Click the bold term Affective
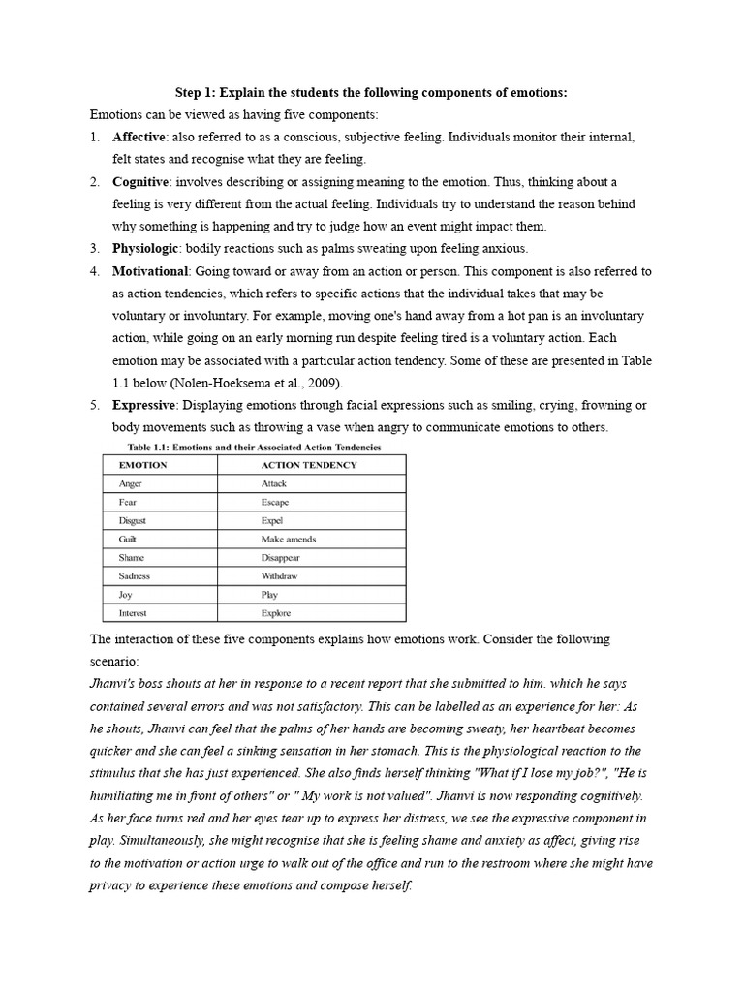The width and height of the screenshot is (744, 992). (139, 137)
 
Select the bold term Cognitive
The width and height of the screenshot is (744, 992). (141, 181)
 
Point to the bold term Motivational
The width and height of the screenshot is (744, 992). (152, 271)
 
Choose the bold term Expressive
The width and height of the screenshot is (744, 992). (143, 404)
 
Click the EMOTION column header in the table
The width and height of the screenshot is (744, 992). (142, 465)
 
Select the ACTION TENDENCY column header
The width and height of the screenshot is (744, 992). (308, 465)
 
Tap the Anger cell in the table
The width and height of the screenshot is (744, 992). (130, 483)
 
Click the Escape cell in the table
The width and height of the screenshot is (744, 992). (274, 502)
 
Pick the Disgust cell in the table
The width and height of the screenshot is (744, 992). (133, 520)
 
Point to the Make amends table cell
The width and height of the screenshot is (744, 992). (288, 539)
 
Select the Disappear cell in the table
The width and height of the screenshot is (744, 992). (280, 558)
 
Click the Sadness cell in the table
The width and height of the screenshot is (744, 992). (134, 576)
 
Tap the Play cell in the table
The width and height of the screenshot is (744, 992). (268, 595)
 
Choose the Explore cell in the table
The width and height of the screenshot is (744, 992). (275, 613)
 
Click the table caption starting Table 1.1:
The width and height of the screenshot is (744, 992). (254, 447)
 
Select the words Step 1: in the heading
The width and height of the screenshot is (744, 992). (194, 92)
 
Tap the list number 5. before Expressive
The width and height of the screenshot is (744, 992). (95, 404)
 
